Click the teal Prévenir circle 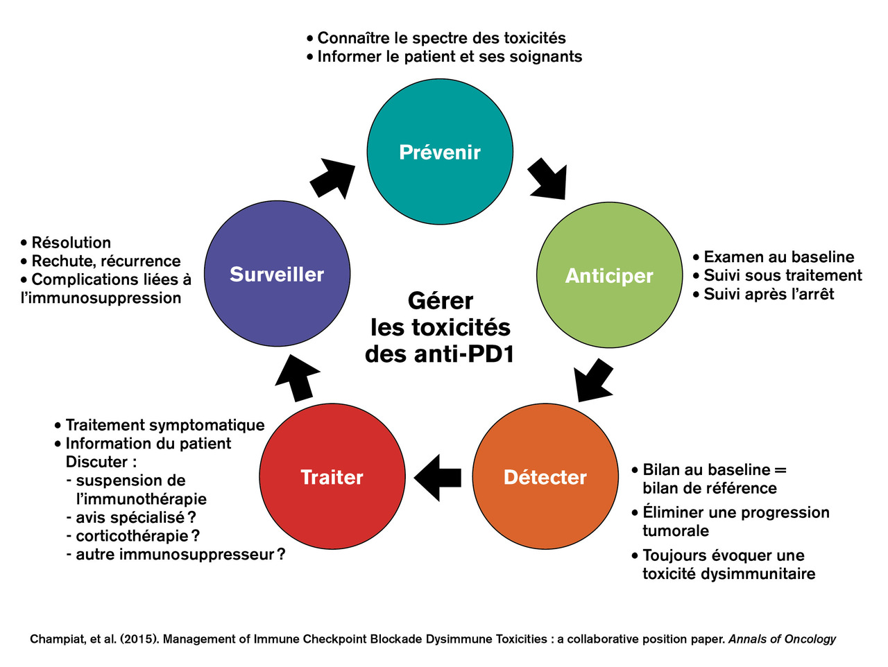pos(440,151)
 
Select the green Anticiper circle pos(609,275)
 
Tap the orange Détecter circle pos(545,476)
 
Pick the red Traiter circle pos(332,476)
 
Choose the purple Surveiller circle pos(277,274)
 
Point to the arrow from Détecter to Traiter pos(438,477)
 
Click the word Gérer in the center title pos(441,301)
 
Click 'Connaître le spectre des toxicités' pos(441,38)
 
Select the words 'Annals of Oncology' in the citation pos(782,639)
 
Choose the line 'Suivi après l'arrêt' pos(769,294)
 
